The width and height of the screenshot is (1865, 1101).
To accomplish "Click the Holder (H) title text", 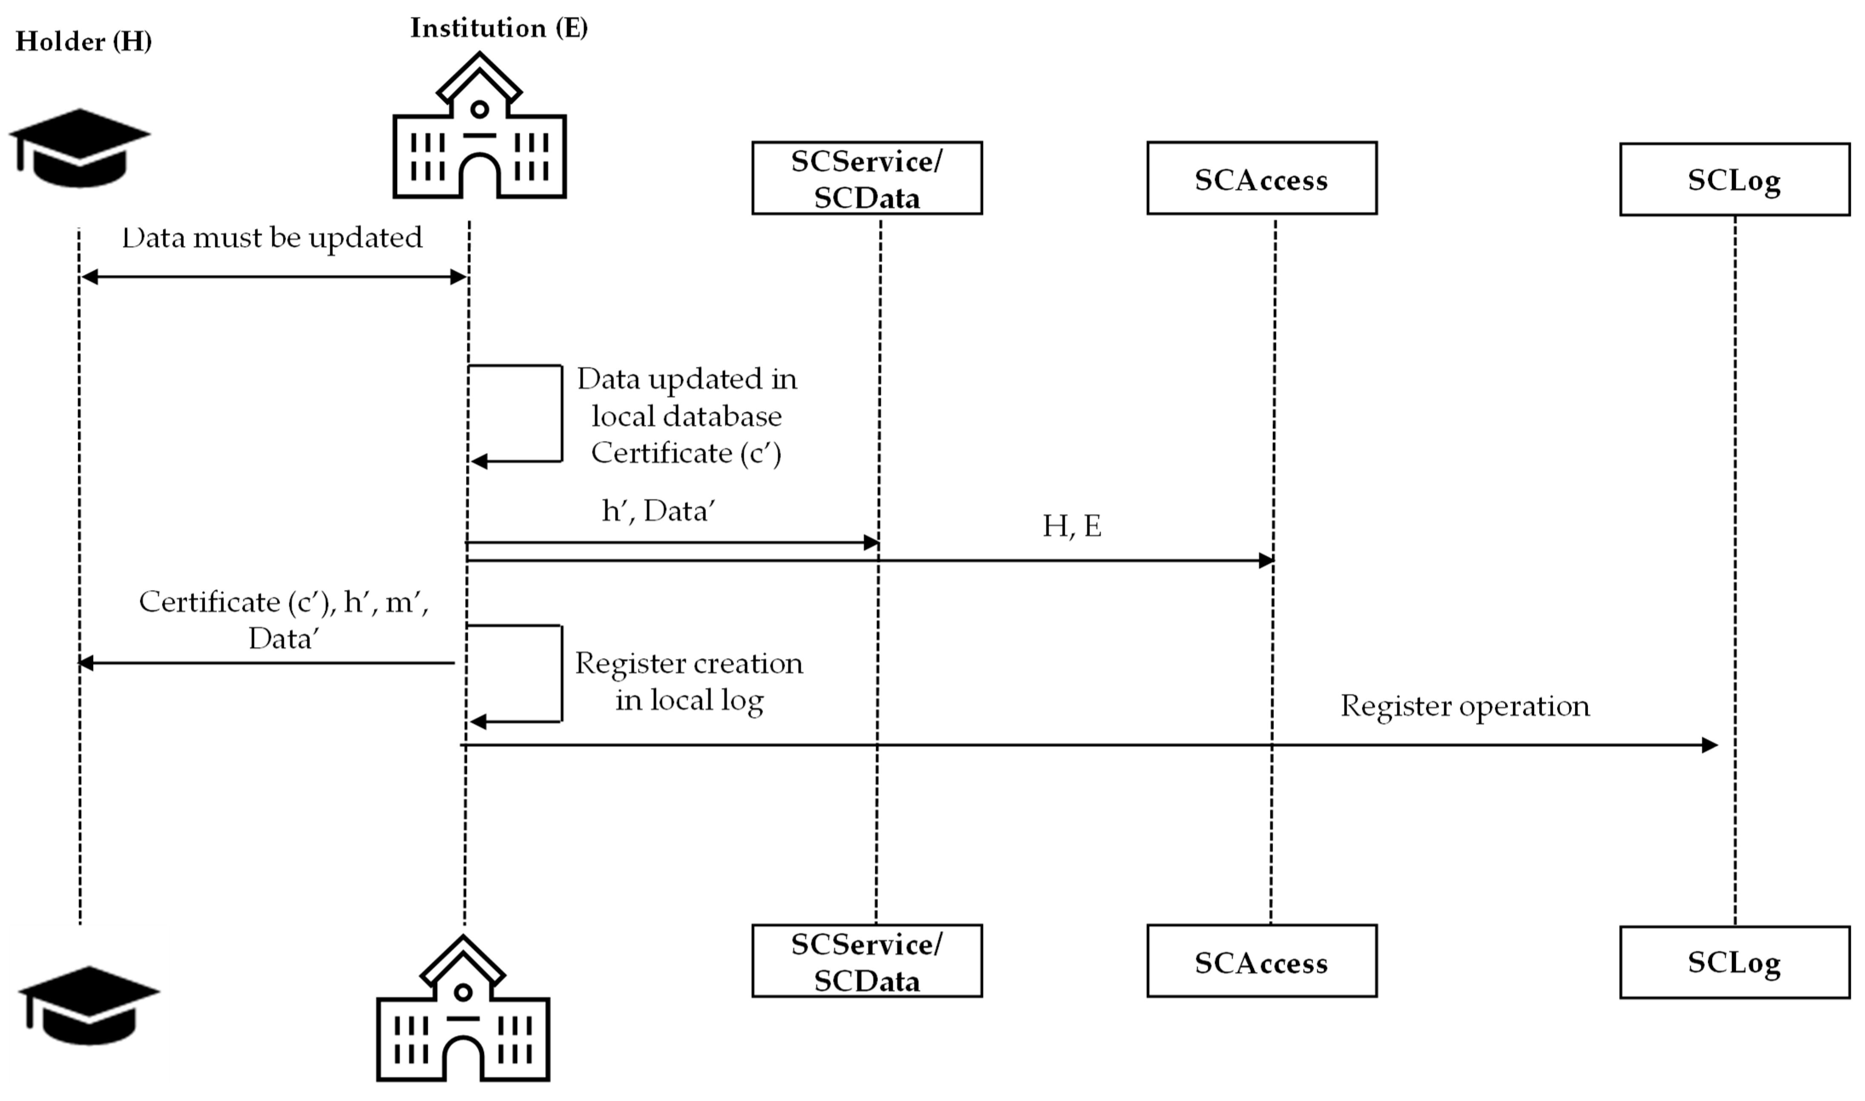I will [83, 42].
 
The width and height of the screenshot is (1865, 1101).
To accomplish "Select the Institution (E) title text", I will [498, 28].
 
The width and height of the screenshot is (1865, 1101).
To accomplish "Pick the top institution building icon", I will [479, 128].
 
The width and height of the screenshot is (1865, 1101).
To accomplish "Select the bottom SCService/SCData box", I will [866, 961].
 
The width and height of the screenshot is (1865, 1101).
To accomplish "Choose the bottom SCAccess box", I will [1261, 961].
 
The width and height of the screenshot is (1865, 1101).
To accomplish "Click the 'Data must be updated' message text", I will [272, 238].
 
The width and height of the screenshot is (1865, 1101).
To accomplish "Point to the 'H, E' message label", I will [1071, 526].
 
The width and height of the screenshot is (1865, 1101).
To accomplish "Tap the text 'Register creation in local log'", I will [688, 681].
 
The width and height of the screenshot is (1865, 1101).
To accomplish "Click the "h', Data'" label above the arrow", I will [658, 511].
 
